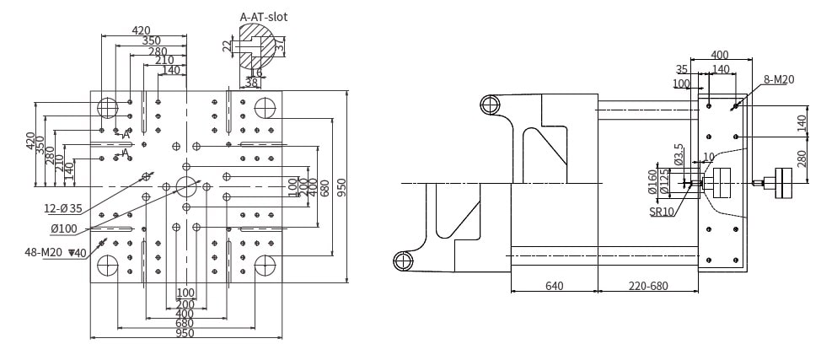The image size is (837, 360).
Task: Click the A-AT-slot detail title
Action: point(263,16)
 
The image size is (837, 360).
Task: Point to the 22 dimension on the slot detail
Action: point(226,46)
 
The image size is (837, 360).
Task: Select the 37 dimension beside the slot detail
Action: point(282,47)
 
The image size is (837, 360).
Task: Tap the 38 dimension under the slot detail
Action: point(251,83)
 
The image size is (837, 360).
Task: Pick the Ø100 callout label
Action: point(64,228)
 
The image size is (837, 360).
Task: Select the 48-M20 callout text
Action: point(56,252)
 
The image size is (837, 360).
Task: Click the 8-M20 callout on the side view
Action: point(779,79)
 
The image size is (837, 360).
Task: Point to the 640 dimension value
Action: point(554,286)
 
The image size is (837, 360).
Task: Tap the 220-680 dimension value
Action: point(648,286)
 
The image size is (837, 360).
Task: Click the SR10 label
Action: point(662,212)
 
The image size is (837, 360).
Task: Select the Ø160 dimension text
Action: point(652,180)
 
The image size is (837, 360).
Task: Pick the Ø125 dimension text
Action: point(664,182)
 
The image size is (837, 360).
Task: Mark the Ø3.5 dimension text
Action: point(679,154)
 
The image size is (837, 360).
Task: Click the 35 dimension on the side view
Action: point(682,69)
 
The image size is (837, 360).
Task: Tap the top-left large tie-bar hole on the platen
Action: point(108,107)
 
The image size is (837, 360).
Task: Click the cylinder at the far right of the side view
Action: point(786,183)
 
